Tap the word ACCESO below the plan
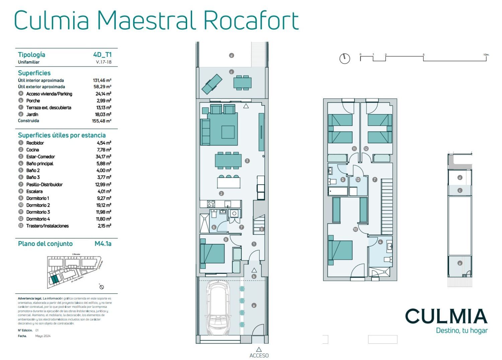click(x=259, y=356)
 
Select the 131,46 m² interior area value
click(x=102, y=80)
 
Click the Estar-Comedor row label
click(x=40, y=157)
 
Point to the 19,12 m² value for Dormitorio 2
click(x=103, y=205)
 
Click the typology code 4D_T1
click(x=102, y=55)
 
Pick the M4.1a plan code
click(x=103, y=244)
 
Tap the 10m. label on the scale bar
click(x=486, y=55)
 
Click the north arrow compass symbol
click(x=344, y=59)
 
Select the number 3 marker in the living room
click(x=247, y=161)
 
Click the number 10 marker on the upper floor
click(x=355, y=229)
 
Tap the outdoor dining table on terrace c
click(x=242, y=82)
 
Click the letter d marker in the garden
click(x=231, y=56)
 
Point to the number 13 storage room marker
click(x=358, y=180)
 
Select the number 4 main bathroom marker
click(x=380, y=242)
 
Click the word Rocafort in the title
click(x=251, y=21)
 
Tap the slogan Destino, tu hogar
click(x=462, y=331)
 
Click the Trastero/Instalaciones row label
click(x=48, y=226)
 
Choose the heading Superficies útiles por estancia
click(x=62, y=135)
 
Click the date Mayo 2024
click(x=43, y=336)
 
